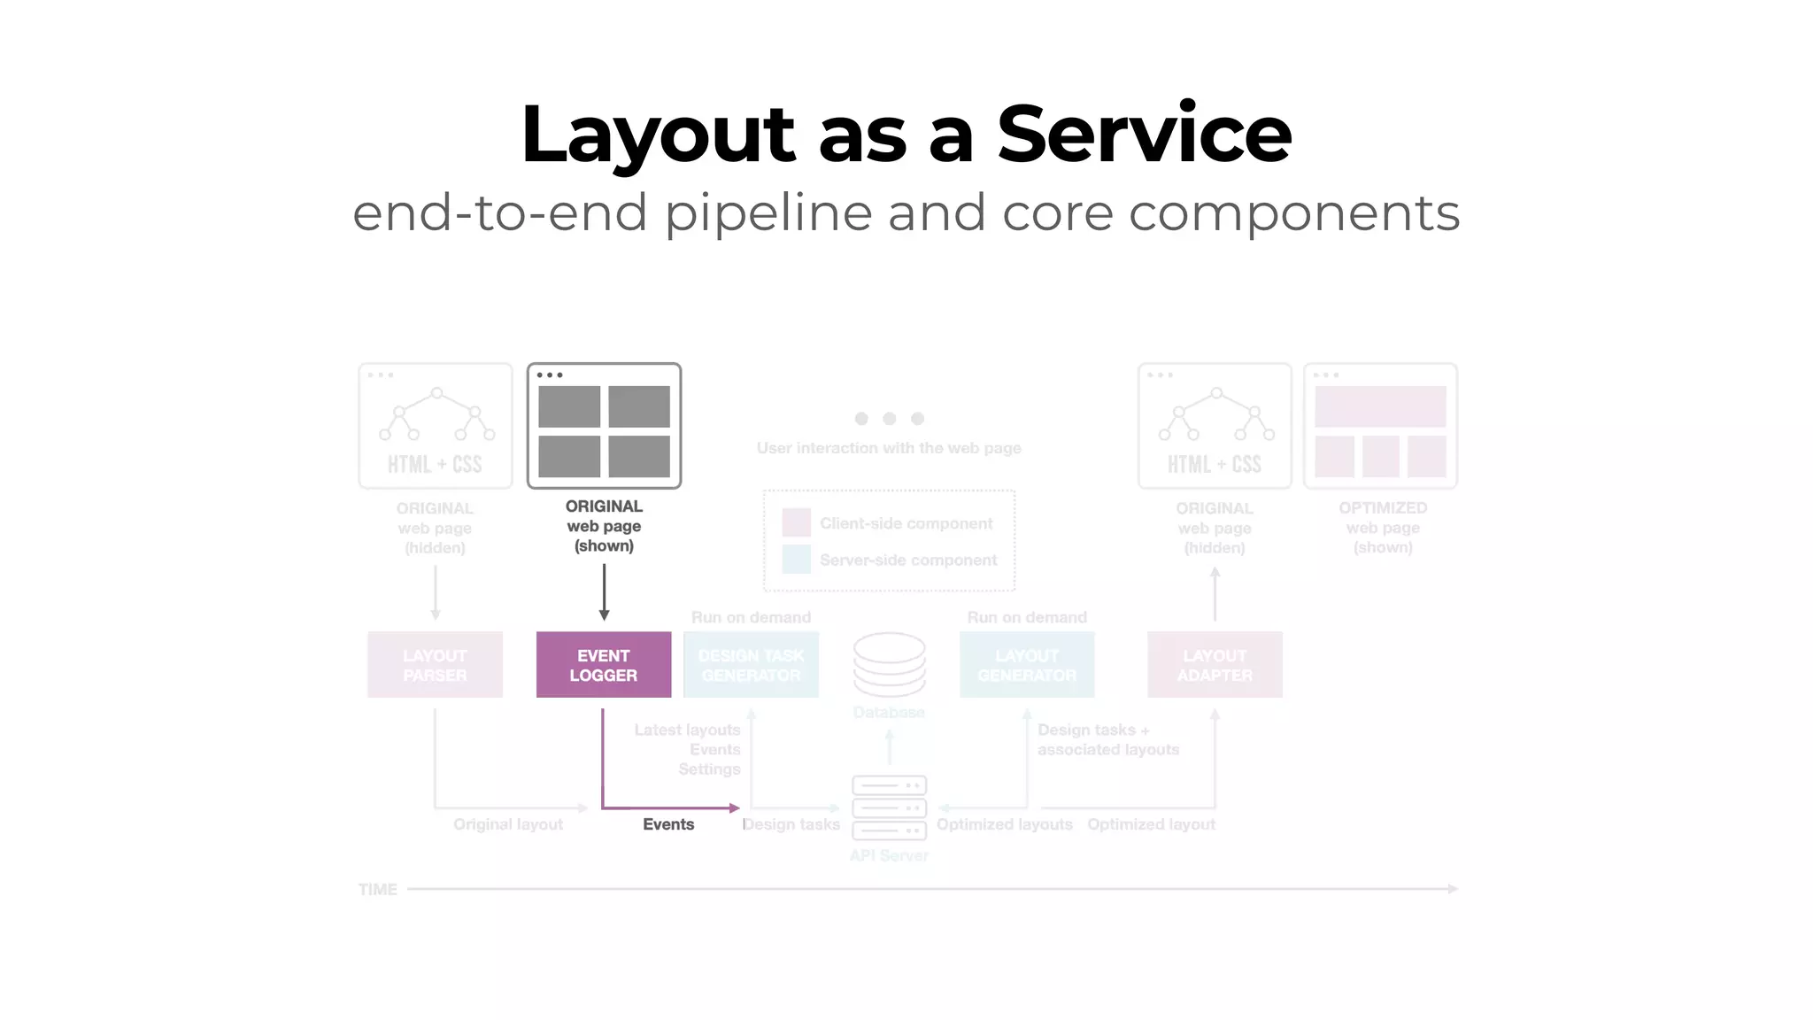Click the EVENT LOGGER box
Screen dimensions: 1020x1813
coord(604,665)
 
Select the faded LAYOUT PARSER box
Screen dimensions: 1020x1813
coord(435,665)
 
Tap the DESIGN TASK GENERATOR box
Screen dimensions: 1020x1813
coord(751,665)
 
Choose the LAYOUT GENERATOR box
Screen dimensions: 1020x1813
coord(1027,665)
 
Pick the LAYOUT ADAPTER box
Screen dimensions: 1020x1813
coord(1215,665)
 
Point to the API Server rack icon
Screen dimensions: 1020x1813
coord(889,807)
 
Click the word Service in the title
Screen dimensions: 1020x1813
coord(1144,135)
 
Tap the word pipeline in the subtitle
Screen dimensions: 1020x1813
coord(768,213)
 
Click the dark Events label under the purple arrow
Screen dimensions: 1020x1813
coord(668,824)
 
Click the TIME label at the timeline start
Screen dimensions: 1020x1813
coord(377,890)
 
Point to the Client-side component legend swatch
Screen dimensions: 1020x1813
coord(796,522)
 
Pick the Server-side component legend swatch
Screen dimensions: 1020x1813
coord(796,560)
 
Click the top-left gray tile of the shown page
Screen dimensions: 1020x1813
coord(569,406)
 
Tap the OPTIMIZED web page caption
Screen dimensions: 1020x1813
coord(1383,527)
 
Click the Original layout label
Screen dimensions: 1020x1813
coord(508,824)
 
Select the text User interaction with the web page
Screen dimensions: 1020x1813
coord(889,448)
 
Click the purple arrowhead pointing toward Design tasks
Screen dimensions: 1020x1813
coord(734,807)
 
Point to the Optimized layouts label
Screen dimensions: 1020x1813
coord(1004,824)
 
